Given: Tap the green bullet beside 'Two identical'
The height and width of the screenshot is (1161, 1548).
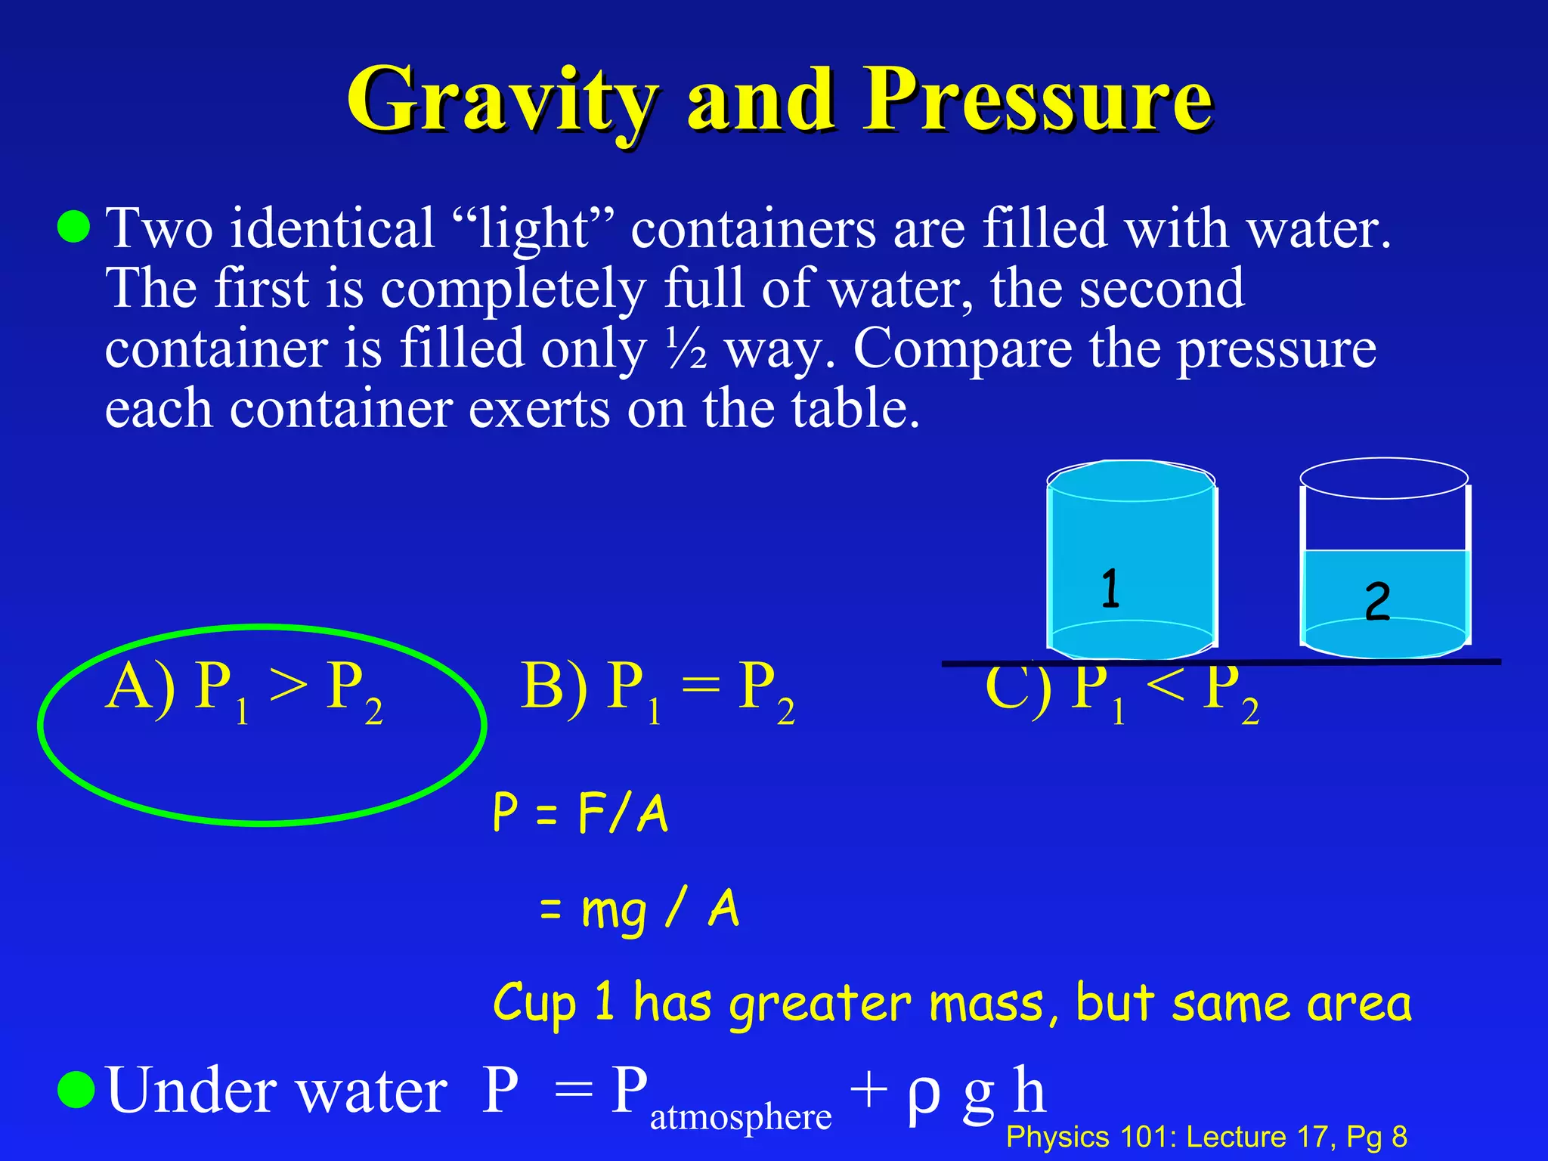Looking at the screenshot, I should [x=74, y=227].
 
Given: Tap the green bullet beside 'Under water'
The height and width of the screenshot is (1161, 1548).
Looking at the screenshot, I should [x=76, y=1090].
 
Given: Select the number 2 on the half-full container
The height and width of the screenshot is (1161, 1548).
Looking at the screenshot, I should [x=1377, y=602].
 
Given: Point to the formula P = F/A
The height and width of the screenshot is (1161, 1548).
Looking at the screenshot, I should [x=580, y=813].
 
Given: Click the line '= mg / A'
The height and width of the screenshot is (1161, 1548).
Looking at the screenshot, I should [x=639, y=909].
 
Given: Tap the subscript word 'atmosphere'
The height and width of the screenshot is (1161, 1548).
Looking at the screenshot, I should [x=740, y=1116].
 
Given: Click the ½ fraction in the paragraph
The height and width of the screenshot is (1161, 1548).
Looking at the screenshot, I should [x=686, y=349].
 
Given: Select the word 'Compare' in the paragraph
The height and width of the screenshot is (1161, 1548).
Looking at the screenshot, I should [x=962, y=349].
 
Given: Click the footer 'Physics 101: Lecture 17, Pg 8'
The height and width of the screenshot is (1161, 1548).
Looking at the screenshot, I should [x=1206, y=1137].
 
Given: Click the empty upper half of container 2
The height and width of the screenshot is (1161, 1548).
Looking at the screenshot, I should [x=1385, y=522].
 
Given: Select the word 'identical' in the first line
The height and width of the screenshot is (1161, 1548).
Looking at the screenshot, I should [x=333, y=228].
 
